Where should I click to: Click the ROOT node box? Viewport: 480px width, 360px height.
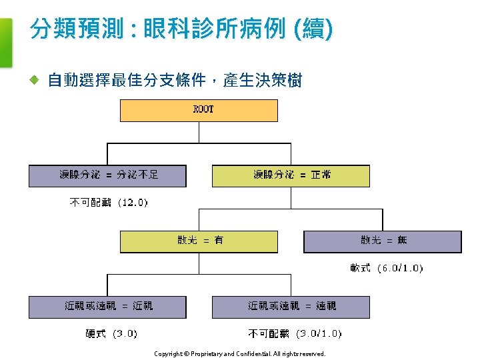[x=199, y=110]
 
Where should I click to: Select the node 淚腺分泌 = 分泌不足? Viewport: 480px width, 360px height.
[x=107, y=175]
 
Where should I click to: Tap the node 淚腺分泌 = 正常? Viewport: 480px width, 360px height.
[x=291, y=175]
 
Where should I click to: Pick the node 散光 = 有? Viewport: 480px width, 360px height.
[x=199, y=241]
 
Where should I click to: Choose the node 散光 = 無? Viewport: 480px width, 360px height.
[x=383, y=241]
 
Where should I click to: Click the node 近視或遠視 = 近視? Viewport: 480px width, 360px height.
[x=107, y=307]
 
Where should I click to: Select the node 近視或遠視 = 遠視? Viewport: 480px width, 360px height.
[x=291, y=307]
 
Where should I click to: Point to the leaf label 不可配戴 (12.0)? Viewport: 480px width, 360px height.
[x=109, y=203]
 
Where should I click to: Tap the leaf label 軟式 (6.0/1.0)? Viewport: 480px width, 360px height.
[x=386, y=268]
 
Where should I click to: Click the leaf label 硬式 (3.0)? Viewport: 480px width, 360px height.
[x=111, y=333]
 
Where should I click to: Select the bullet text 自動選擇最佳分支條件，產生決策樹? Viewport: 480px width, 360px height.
[x=175, y=81]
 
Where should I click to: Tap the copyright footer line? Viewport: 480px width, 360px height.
[x=239, y=354]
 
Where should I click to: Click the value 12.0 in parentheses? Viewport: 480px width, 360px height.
[x=133, y=203]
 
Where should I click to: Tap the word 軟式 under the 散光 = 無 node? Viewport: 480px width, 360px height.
[x=360, y=268]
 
